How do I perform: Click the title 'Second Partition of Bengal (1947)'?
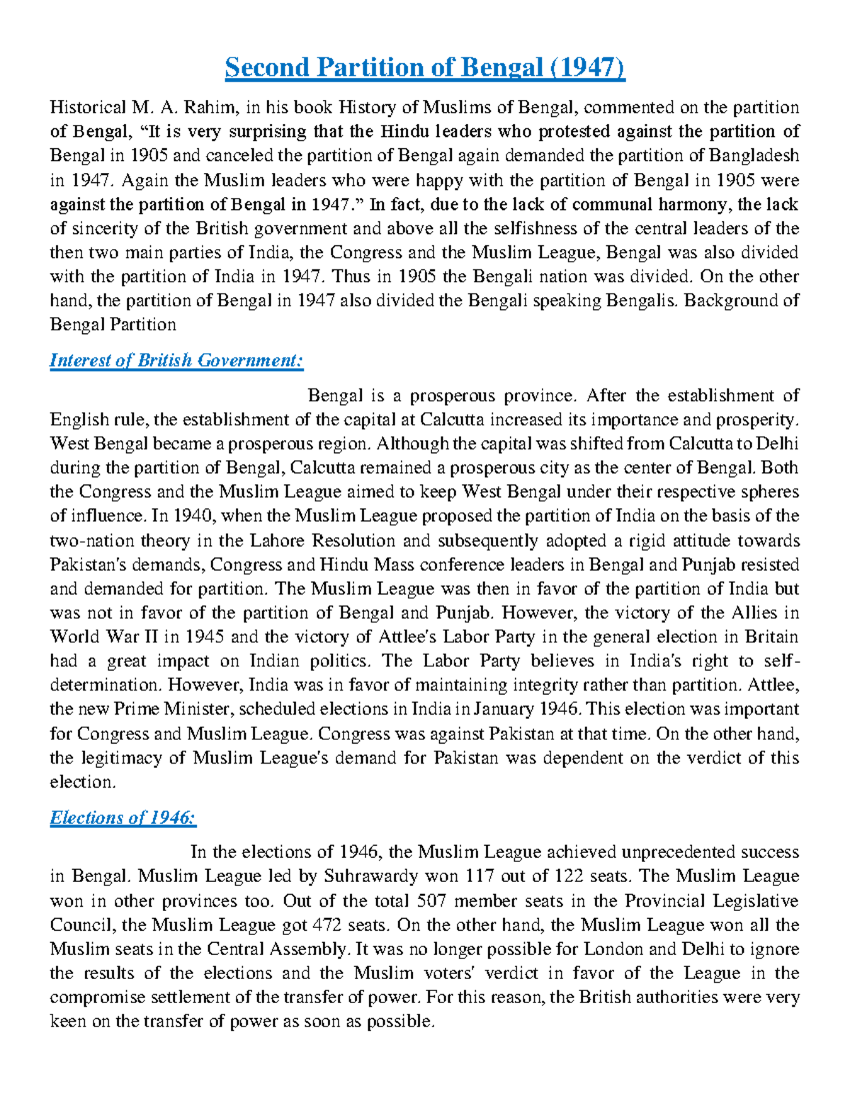pos(425,68)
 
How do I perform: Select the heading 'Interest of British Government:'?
pos(176,360)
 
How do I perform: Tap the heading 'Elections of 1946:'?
pos(123,817)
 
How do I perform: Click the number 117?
pos(480,876)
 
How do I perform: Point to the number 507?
pos(432,901)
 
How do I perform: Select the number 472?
pos(327,925)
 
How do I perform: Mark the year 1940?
pos(186,516)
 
